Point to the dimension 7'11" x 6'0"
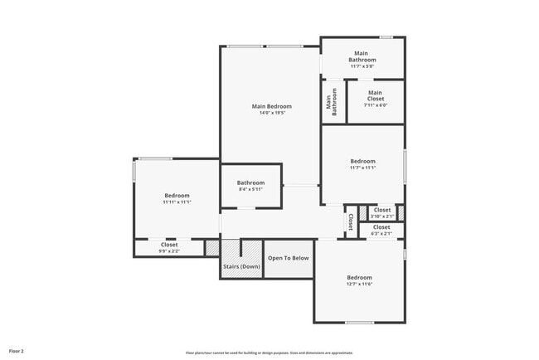376,105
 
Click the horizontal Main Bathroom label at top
362,56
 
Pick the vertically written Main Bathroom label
332,103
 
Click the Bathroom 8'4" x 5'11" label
250,182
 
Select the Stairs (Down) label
241,267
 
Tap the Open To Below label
288,258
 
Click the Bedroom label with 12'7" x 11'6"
359,277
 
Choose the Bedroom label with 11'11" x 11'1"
177,195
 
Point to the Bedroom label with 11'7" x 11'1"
362,161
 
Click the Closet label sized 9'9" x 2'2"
169,245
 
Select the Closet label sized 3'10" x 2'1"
382,210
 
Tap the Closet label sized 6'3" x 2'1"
381,226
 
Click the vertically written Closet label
351,221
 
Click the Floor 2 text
17,352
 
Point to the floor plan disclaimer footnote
269,353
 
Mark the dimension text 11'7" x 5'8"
362,66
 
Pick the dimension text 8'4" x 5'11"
250,190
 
